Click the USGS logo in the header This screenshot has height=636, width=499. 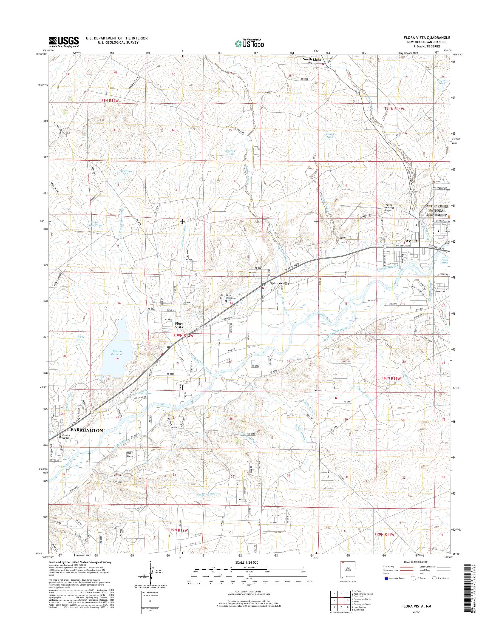coord(64,42)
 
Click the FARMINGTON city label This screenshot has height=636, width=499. coord(86,430)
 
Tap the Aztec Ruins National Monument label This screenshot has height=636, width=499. coord(437,210)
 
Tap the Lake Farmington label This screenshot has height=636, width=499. coord(147,392)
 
